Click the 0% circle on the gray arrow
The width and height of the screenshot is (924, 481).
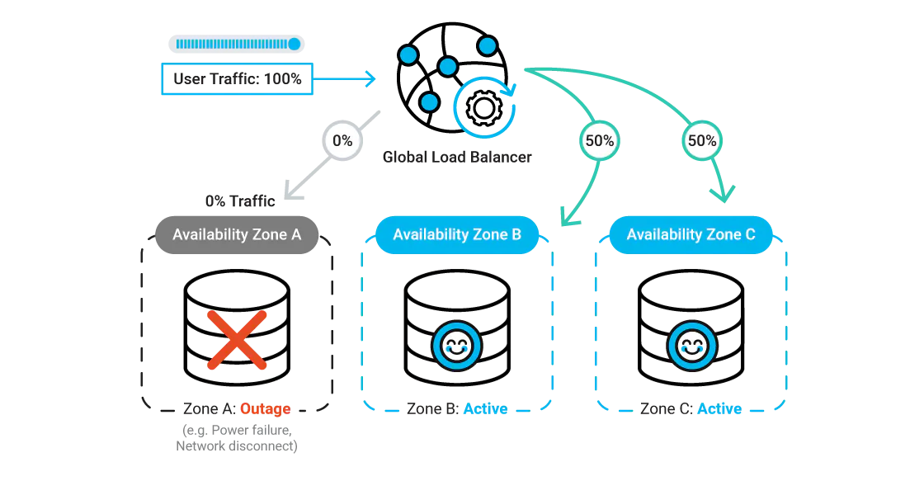(x=342, y=141)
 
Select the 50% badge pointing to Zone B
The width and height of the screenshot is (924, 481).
(x=599, y=141)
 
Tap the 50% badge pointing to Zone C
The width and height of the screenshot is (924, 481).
(x=702, y=141)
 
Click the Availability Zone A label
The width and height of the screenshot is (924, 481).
(x=236, y=235)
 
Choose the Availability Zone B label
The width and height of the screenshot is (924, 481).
(x=456, y=235)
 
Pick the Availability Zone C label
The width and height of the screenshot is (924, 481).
(x=691, y=235)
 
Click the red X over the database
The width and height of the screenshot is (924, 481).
(x=236, y=339)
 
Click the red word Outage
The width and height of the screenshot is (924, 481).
(x=264, y=409)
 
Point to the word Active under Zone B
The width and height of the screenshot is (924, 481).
(x=484, y=409)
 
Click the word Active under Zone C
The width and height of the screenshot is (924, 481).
(x=719, y=409)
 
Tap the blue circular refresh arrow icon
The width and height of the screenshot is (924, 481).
(x=484, y=105)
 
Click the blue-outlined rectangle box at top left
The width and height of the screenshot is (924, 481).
(x=237, y=80)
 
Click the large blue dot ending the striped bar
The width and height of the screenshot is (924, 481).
(x=294, y=44)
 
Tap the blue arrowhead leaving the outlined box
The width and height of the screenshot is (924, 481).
(x=368, y=79)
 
